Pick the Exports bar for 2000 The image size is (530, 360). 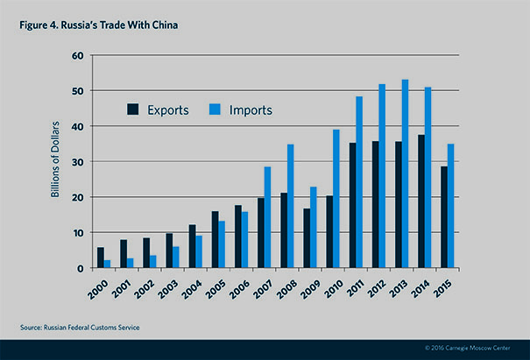100,258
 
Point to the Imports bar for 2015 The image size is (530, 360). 450,206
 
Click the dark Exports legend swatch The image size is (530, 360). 133,109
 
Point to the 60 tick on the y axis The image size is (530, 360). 77,55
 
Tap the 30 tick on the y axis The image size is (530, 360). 77,162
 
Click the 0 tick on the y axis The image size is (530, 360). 80,269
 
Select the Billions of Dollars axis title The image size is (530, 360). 54,162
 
